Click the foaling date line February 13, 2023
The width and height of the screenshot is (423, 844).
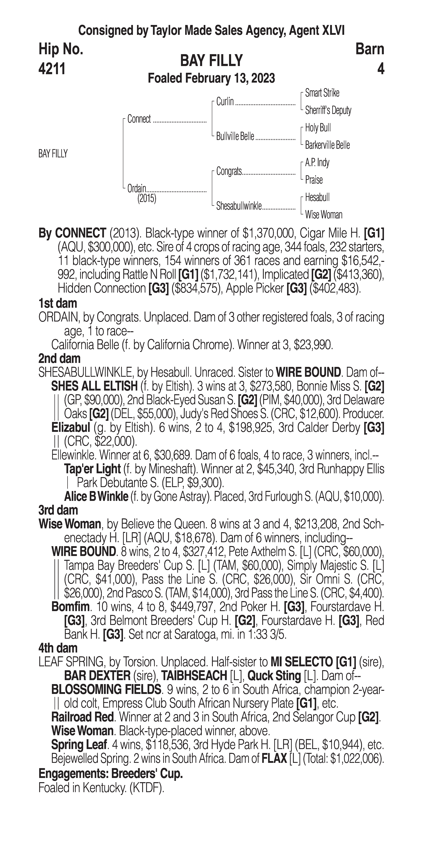pyautogui.click(x=211, y=79)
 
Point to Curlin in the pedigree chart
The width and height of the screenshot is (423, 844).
pyautogui.click(x=225, y=102)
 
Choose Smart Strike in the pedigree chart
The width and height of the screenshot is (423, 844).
pyautogui.click(x=322, y=93)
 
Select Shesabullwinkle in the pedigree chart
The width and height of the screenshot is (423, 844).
pyautogui.click(x=239, y=206)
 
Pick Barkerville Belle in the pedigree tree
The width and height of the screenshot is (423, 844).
pyautogui.click(x=327, y=145)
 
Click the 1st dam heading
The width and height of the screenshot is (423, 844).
pyautogui.click(x=58, y=303)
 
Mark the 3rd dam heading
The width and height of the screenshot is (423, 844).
pyautogui.click(x=58, y=510)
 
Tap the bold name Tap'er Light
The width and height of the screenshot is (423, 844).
pyautogui.click(x=92, y=469)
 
